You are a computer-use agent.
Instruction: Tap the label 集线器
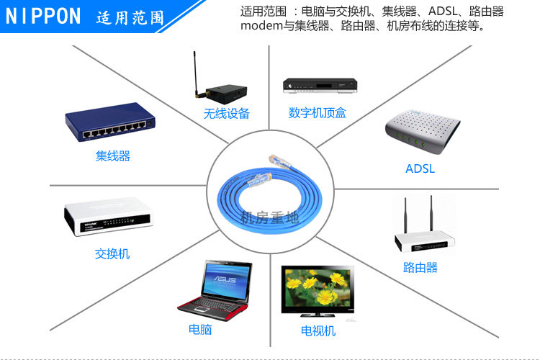pos(113,156)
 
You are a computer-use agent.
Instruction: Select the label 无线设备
pos(226,113)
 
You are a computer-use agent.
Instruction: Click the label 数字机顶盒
pos(318,113)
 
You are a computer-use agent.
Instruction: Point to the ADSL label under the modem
pos(420,169)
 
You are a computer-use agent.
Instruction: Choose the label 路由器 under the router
pos(420,268)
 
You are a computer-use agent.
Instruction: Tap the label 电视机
pos(318,330)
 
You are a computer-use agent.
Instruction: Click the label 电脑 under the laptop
pos(200,329)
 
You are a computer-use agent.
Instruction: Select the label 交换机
pos(112,253)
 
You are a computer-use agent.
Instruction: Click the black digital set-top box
pos(320,86)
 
